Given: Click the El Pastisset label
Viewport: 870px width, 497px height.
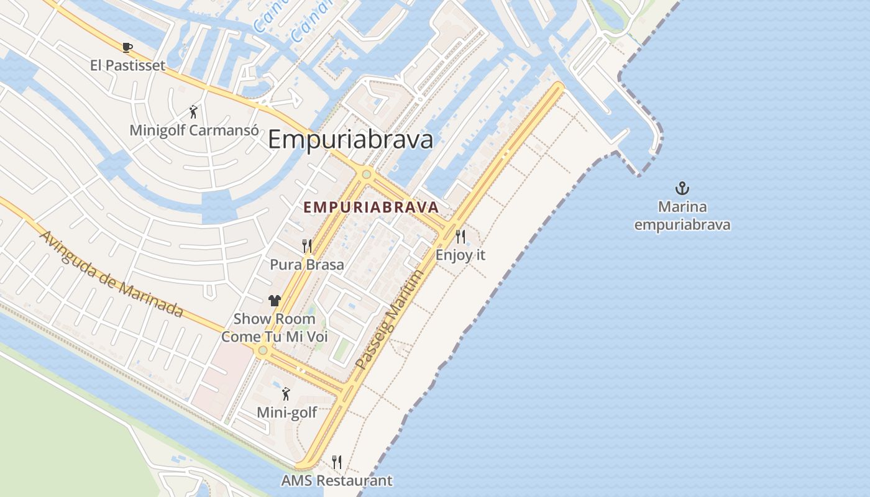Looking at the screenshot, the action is click(x=127, y=65).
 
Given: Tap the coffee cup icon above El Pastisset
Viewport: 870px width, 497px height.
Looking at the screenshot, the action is click(x=127, y=47).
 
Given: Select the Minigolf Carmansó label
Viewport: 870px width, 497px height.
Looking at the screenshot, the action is click(x=194, y=130).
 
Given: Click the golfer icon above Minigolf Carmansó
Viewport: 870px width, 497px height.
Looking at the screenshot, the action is click(x=193, y=112).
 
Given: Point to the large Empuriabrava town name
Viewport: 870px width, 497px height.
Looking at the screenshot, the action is click(x=350, y=140).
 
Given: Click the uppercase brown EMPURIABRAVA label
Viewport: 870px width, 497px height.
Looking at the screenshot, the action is click(x=371, y=207).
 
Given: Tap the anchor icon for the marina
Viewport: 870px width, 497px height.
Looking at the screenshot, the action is click(x=682, y=188).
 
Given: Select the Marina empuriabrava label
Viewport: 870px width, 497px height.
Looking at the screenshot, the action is click(x=682, y=216).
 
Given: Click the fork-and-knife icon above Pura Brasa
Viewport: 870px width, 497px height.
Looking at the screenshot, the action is click(x=307, y=246).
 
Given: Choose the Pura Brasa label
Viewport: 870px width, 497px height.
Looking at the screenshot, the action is click(x=307, y=265).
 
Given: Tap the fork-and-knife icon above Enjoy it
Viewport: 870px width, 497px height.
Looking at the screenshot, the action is click(x=460, y=236).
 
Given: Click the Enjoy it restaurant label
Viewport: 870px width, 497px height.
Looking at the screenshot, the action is click(x=460, y=255).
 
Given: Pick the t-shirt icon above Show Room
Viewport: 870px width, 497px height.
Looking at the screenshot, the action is click(x=275, y=301).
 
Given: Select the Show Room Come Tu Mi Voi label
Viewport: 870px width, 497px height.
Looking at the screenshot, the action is click(x=275, y=328).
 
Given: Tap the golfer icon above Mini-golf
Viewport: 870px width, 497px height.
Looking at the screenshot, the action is click(x=286, y=394).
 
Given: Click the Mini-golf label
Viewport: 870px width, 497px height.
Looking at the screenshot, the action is click(x=287, y=413).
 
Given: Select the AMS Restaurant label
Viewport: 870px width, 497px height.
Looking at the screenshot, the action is click(x=337, y=480).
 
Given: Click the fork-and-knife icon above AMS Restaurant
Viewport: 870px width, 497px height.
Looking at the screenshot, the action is click(x=337, y=462).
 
